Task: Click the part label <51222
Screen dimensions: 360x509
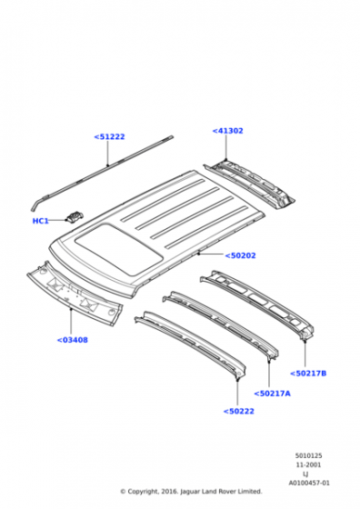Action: pyautogui.click(x=109, y=136)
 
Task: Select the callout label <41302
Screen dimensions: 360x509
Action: pyautogui.click(x=227, y=131)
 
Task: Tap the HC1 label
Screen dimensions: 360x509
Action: pyautogui.click(x=41, y=221)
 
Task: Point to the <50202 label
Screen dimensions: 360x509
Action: pyautogui.click(x=240, y=255)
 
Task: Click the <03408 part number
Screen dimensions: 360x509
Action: pyautogui.click(x=73, y=340)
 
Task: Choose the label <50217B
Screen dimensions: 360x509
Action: pyautogui.click(x=308, y=374)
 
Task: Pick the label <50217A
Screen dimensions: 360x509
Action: pyautogui.click(x=273, y=394)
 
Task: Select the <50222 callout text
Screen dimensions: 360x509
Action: pyautogui.click(x=238, y=411)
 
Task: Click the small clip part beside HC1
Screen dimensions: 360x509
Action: pyautogui.click(x=75, y=216)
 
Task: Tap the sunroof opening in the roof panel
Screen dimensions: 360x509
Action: pyautogui.click(x=119, y=249)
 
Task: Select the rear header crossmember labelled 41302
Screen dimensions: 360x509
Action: pyautogui.click(x=250, y=185)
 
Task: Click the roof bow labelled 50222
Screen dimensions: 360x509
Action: pyautogui.click(x=191, y=344)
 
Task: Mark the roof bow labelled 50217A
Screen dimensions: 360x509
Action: pyautogui.click(x=221, y=324)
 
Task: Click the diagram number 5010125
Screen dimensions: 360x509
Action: pyautogui.click(x=309, y=455)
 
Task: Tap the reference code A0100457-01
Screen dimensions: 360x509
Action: pyautogui.click(x=309, y=483)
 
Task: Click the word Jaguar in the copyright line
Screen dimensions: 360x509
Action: pyautogui.click(x=190, y=492)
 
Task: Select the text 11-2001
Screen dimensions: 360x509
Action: pyautogui.click(x=308, y=464)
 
